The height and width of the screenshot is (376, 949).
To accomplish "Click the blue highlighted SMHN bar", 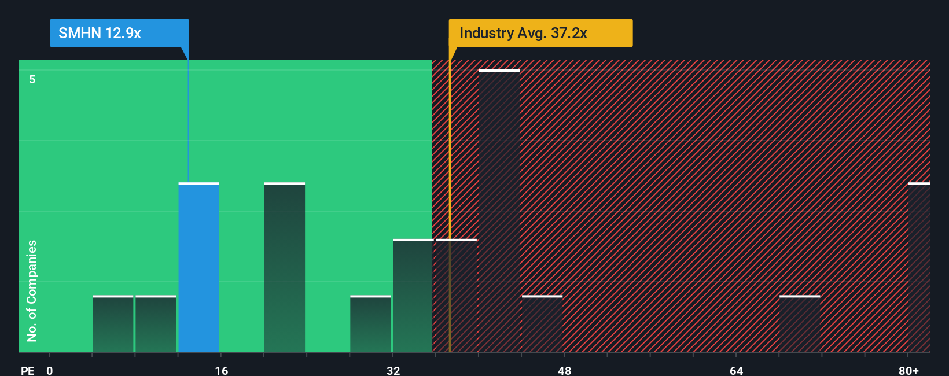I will pyautogui.click(x=198, y=267).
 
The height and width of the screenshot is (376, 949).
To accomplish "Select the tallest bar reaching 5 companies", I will pyautogui.click(x=499, y=211).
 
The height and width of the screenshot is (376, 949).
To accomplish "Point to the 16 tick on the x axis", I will pyautogui.click(x=222, y=370).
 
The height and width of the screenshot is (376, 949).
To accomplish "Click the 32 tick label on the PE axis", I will pyautogui.click(x=393, y=370).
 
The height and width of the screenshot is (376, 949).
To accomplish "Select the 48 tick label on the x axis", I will pyautogui.click(x=565, y=370).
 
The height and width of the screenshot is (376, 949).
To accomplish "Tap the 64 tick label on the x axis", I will pyautogui.click(x=736, y=370).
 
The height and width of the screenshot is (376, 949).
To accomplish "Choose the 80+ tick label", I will pyautogui.click(x=908, y=370).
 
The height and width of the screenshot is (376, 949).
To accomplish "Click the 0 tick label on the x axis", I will pyautogui.click(x=50, y=370).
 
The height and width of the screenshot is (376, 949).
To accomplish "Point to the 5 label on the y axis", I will pyautogui.click(x=32, y=79).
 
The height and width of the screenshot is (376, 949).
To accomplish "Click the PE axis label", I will pyautogui.click(x=28, y=370).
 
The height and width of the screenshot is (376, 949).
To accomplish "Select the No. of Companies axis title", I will pyautogui.click(x=32, y=290).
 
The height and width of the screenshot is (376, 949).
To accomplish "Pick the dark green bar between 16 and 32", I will pyautogui.click(x=285, y=267).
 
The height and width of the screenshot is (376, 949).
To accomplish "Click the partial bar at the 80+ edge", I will pyautogui.click(x=919, y=267).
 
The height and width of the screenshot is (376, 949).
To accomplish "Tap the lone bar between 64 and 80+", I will pyautogui.click(x=800, y=324).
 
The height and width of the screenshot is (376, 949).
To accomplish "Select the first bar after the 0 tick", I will pyautogui.click(x=113, y=324).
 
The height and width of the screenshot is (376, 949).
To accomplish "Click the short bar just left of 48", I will pyautogui.click(x=542, y=324).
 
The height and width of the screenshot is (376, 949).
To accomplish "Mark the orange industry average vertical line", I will pyautogui.click(x=450, y=202).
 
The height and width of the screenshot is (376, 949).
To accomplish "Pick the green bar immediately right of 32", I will pyautogui.click(x=413, y=296).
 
